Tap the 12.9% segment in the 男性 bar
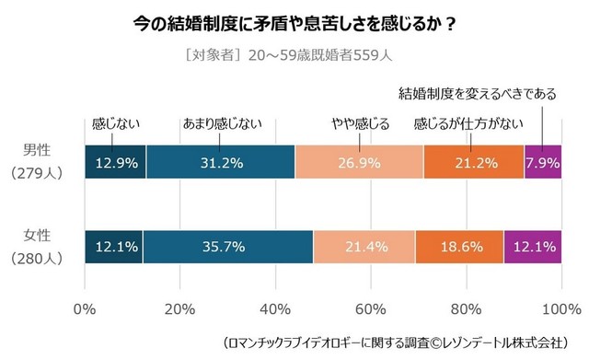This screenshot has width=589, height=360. click(x=115, y=163)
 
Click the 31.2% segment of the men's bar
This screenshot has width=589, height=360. click(x=220, y=163)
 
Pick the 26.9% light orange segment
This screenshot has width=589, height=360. click(x=359, y=163)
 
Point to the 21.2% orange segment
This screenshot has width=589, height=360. click(x=473, y=163)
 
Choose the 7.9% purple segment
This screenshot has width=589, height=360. click(x=542, y=163)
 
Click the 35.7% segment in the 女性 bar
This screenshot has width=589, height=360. click(x=227, y=247)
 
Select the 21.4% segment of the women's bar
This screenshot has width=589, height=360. click(x=364, y=247)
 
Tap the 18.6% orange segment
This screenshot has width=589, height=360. click(x=459, y=247)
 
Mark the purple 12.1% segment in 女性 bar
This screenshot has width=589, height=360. click(x=532, y=247)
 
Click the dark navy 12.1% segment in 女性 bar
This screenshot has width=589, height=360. click(x=113, y=247)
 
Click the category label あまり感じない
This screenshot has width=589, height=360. click(x=222, y=122)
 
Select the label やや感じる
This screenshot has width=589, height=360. click(x=360, y=122)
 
